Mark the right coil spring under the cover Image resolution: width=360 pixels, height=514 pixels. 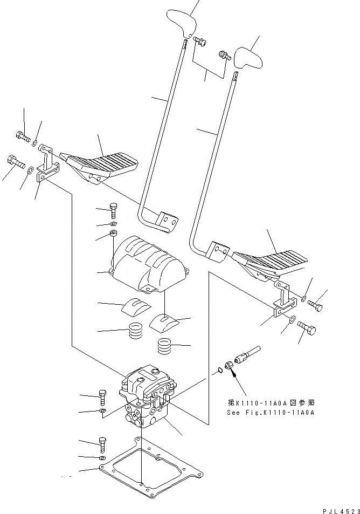tap(165, 345)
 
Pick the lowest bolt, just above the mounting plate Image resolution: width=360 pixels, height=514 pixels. tap(102, 446)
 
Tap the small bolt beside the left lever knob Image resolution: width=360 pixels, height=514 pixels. tap(199, 41)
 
